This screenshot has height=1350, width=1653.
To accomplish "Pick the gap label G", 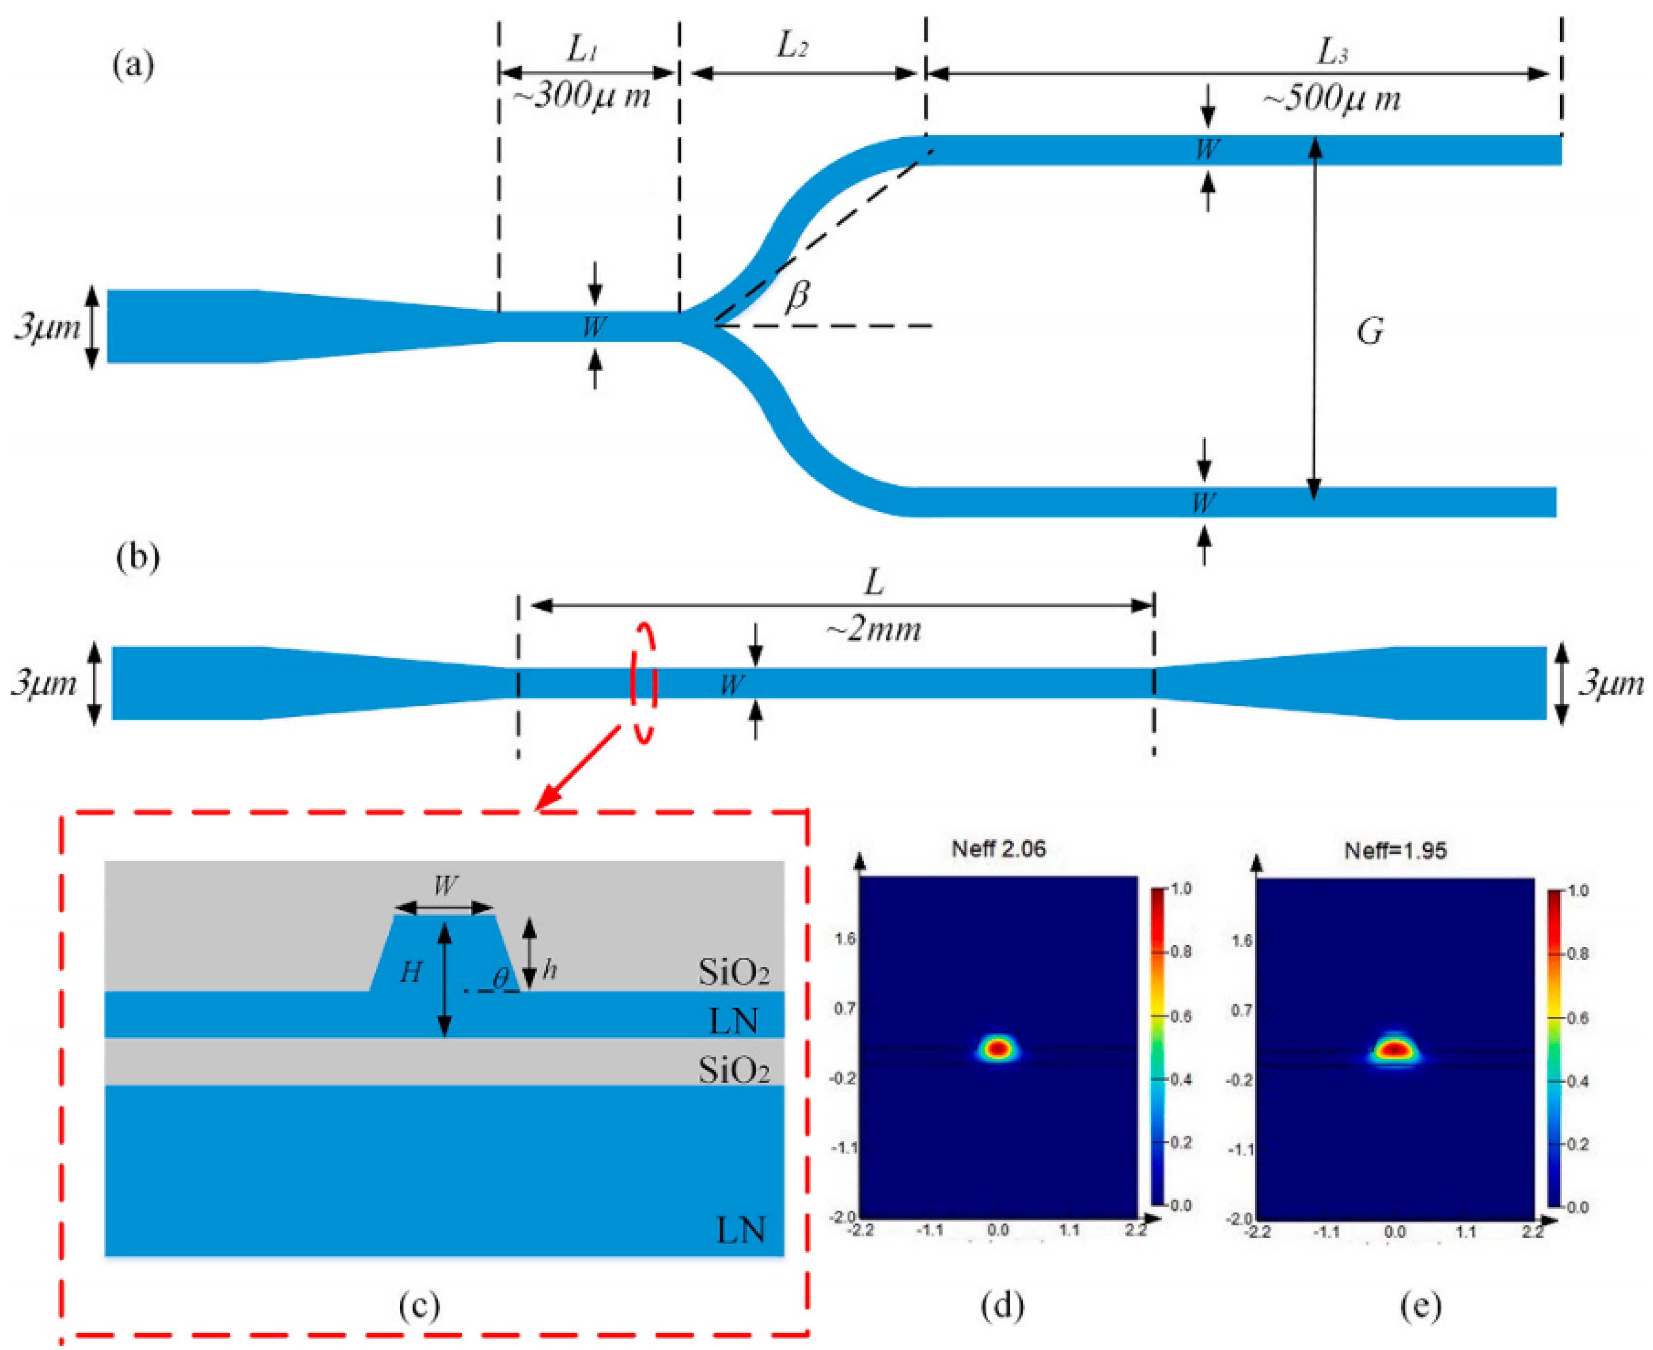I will click(1369, 332).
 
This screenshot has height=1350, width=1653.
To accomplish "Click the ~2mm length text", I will click(873, 628).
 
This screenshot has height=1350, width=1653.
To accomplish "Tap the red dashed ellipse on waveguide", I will click(644, 683).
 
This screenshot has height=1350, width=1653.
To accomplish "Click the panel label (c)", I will click(419, 1306).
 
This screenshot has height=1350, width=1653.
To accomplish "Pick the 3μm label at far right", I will click(1610, 685).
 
